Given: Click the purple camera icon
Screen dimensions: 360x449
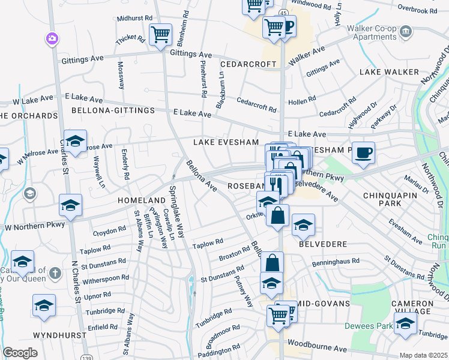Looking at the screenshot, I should click(x=52, y=39).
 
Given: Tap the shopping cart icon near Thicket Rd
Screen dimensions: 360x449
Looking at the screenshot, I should click(x=160, y=34).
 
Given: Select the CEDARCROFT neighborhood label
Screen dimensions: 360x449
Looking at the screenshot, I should click(x=248, y=64).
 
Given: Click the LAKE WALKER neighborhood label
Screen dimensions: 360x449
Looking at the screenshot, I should click(x=389, y=72).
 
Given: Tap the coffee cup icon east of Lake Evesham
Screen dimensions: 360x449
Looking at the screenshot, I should click(x=363, y=152).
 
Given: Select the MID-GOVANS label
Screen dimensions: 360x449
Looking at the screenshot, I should click(x=323, y=304).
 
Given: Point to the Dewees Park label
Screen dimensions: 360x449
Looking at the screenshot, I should click(x=367, y=326).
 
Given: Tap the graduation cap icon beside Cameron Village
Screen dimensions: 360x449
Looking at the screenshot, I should click(x=405, y=325).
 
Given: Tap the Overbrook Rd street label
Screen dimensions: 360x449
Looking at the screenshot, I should click(x=417, y=11).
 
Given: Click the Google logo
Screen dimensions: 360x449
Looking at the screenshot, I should click(x=20, y=353).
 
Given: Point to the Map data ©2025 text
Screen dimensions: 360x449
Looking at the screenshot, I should click(x=423, y=355).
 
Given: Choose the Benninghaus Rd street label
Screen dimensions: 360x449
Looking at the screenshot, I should click(x=334, y=262).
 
